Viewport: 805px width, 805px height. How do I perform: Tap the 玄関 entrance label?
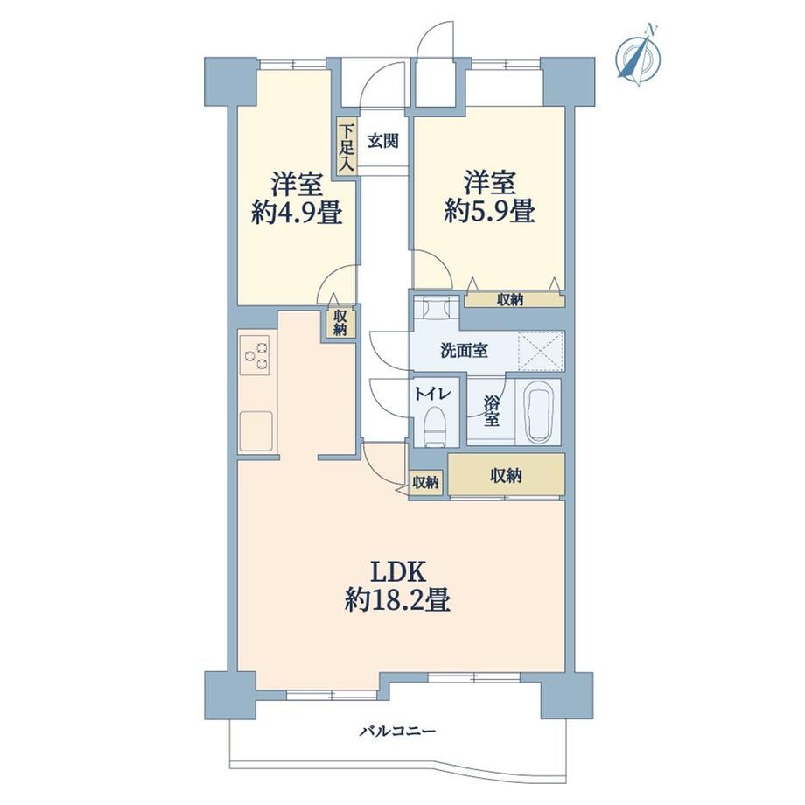click(x=383, y=141)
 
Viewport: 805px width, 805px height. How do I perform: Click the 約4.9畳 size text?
click(x=297, y=212)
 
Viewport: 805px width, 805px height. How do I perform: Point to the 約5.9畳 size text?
click(x=490, y=211)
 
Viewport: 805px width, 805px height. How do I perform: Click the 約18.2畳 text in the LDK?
click(x=398, y=598)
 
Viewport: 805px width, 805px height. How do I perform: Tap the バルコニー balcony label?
click(x=397, y=730)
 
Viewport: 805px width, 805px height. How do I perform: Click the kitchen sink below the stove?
click(x=255, y=430)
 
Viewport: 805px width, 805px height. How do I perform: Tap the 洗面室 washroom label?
click(x=464, y=351)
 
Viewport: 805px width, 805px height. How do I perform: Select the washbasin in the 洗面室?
click(x=436, y=309)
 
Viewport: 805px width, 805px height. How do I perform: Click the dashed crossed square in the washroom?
click(x=541, y=351)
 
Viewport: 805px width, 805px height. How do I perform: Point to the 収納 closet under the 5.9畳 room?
click(x=514, y=300)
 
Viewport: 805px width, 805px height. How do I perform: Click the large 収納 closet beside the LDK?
click(x=507, y=475)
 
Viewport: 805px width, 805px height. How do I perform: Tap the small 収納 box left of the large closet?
click(x=425, y=483)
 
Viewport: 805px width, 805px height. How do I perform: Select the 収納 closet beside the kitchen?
click(x=339, y=323)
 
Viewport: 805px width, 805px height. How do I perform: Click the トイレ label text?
click(x=433, y=395)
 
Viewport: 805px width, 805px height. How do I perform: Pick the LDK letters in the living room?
click(x=398, y=571)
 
